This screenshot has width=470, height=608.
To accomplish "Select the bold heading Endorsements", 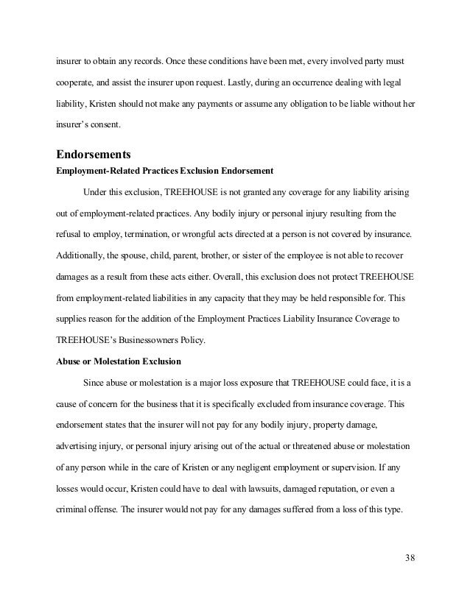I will click(95, 155).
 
